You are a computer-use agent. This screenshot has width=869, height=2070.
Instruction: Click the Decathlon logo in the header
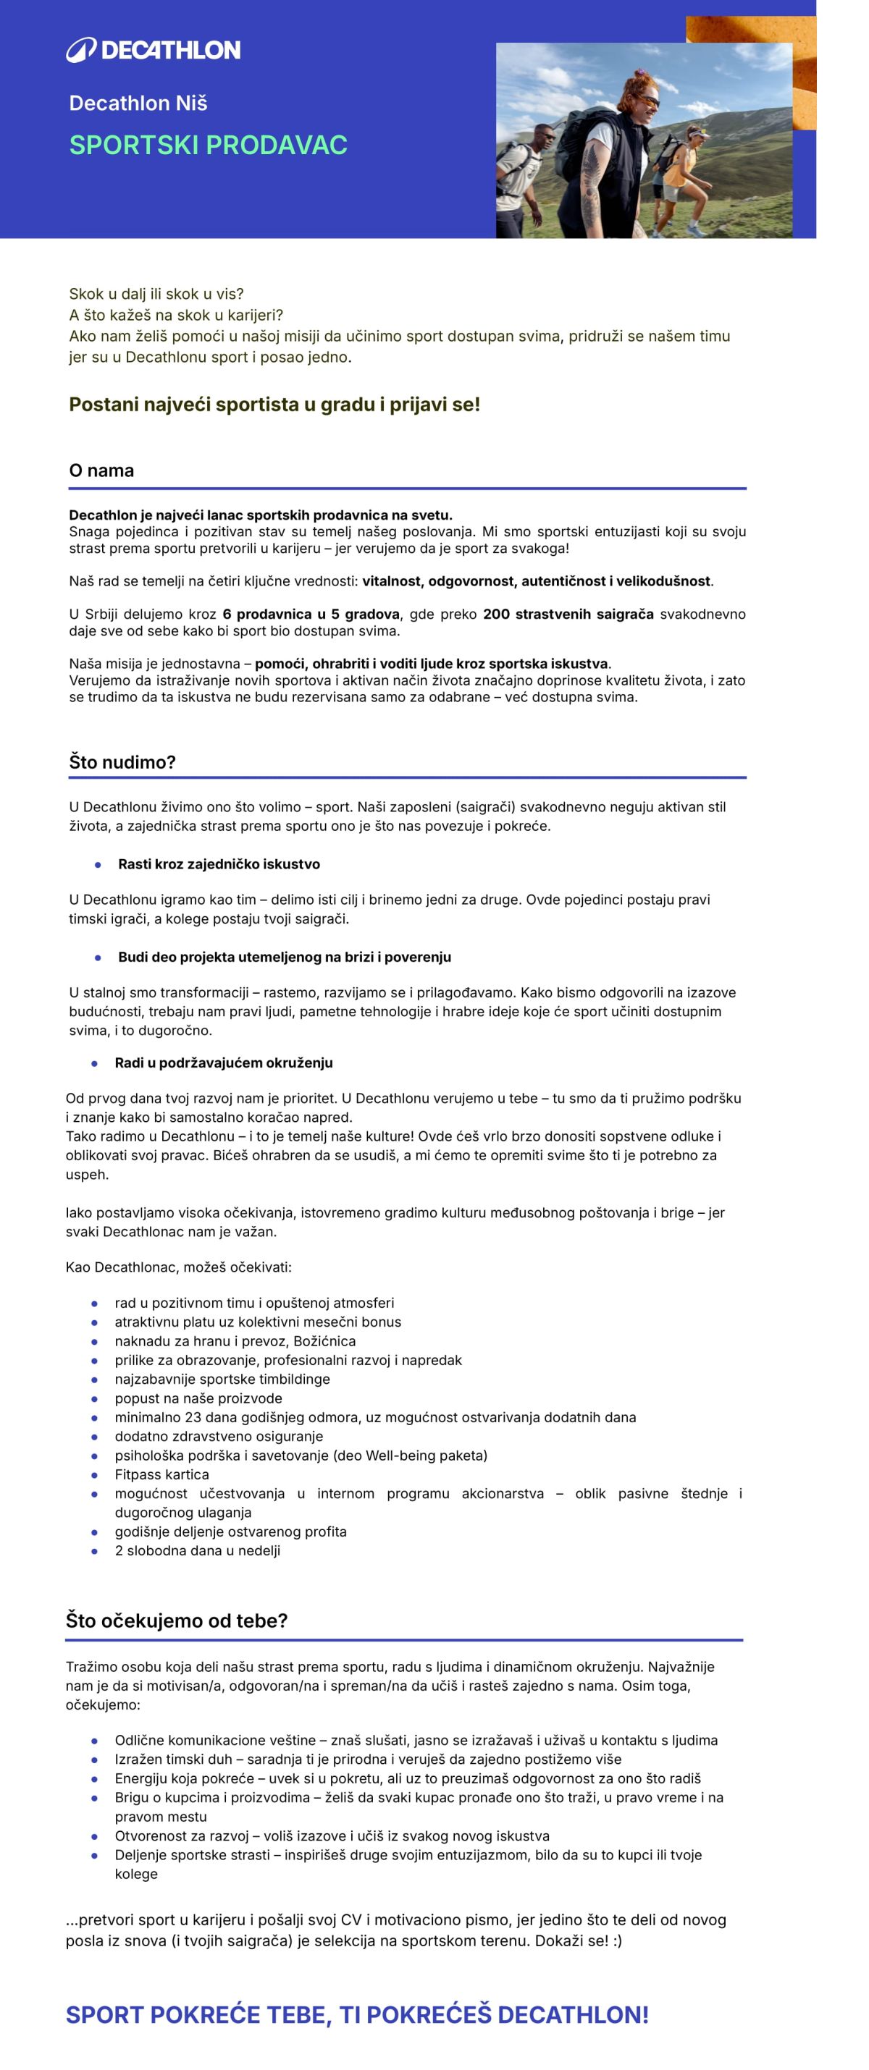(x=153, y=50)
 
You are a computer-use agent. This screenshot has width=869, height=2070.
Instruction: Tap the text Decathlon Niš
(x=138, y=103)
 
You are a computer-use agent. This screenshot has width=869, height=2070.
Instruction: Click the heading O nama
(x=101, y=470)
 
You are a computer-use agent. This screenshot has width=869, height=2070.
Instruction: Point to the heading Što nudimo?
(x=122, y=762)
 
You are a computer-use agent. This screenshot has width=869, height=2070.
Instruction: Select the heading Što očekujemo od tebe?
(x=176, y=1621)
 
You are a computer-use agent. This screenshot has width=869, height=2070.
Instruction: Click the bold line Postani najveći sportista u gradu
(x=274, y=404)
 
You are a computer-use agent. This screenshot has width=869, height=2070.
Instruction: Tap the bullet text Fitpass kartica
(x=161, y=1474)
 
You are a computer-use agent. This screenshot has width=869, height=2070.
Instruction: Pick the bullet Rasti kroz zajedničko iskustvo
(x=219, y=864)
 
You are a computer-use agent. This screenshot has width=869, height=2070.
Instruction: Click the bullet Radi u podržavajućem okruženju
(x=224, y=1063)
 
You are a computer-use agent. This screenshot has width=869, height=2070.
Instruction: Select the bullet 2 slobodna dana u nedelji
(x=197, y=1551)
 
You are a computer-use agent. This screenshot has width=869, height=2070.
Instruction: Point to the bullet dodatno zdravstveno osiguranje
(x=219, y=1436)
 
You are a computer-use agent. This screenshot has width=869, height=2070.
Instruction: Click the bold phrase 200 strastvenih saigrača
(x=568, y=614)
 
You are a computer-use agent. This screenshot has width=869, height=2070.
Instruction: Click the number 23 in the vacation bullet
(x=193, y=1416)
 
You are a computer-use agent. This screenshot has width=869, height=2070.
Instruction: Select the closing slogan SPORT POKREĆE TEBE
(x=357, y=2014)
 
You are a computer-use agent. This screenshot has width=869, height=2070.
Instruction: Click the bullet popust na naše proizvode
(x=198, y=1398)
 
